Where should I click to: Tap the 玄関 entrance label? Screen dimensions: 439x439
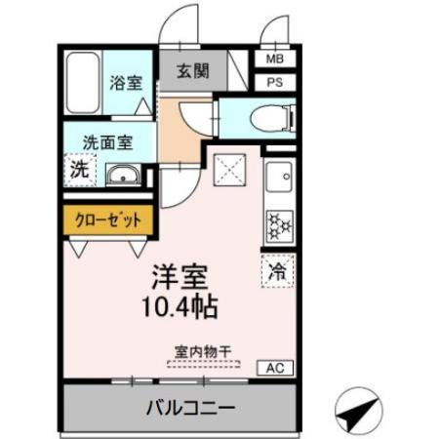[193, 71]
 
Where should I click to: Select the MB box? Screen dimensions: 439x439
[274, 59]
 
